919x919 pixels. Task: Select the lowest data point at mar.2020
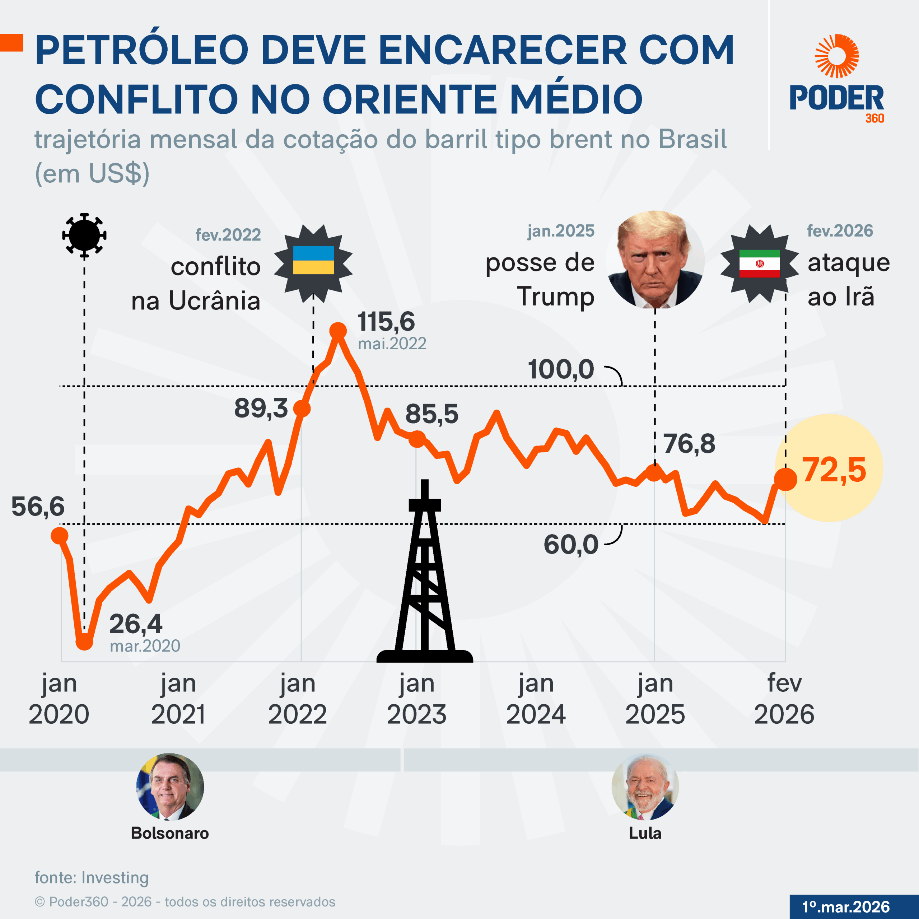pos(84,642)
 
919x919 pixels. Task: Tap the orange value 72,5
pos(834,470)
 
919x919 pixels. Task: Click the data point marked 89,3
pos(302,408)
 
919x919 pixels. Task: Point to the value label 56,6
pos(38,506)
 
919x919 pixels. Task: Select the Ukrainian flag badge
pos(313,261)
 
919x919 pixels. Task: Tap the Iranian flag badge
pos(759,263)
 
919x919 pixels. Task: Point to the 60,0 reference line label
pos(570,544)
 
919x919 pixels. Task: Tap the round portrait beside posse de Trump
pos(656,259)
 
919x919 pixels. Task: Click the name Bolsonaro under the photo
pos(170,833)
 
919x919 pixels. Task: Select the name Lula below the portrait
pos(645,833)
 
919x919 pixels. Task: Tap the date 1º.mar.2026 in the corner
pos(846,907)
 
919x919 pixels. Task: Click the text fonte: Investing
pos(92,878)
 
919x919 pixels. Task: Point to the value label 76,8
pos(689,444)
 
